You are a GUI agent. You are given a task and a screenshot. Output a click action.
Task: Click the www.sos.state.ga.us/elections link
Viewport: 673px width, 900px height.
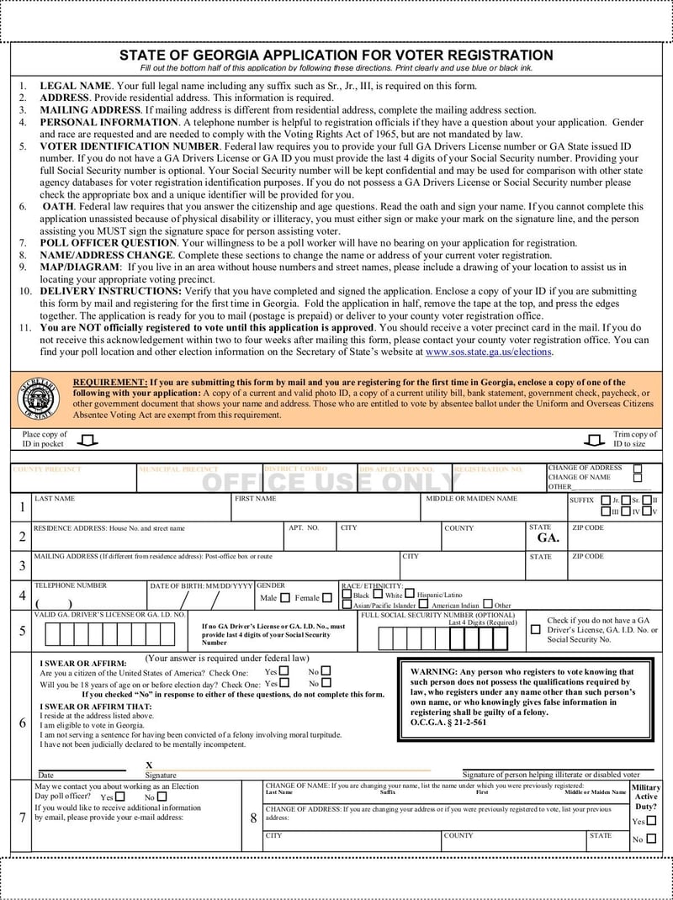pos(489,352)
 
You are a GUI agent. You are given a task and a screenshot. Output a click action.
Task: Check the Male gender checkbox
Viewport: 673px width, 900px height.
pos(284,598)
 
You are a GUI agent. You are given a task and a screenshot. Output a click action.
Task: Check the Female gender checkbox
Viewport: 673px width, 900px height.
pos(326,598)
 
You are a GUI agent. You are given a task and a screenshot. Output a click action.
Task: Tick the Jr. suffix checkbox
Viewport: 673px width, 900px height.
pos(606,500)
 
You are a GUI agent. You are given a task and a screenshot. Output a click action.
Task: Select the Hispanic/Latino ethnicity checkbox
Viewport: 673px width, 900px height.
pos(410,594)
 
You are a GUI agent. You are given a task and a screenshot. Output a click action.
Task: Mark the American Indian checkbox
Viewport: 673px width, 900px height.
pos(424,604)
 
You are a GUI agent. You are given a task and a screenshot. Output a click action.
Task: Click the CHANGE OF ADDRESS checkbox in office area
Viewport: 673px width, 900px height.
pos(637,469)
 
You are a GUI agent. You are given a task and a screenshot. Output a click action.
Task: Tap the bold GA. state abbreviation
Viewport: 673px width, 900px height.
pos(548,537)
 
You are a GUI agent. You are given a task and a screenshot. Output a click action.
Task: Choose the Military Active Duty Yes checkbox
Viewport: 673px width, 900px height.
pos(651,821)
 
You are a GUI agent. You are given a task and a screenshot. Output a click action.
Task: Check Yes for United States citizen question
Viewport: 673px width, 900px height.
pos(284,671)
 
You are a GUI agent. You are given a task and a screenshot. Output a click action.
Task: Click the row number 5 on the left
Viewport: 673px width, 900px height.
pos(22,631)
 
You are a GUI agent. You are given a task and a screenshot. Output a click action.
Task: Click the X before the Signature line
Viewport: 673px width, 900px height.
pos(149,765)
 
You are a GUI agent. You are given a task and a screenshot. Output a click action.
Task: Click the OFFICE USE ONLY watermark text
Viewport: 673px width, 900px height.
pos(331,482)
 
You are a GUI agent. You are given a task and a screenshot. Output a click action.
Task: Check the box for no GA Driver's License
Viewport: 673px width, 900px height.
pos(536,629)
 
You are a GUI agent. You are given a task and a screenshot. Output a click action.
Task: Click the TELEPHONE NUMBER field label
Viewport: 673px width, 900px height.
pos(71,585)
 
